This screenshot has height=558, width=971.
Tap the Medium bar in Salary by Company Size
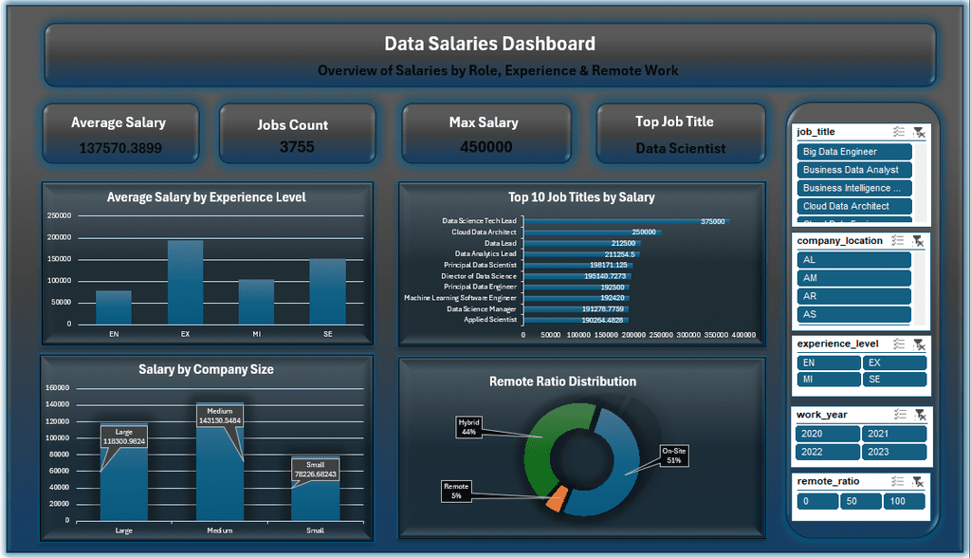click(x=220, y=484)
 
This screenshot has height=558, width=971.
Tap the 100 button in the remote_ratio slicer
click(x=905, y=501)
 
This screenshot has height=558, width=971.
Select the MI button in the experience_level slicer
click(x=828, y=380)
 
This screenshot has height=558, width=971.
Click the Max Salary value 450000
click(x=485, y=147)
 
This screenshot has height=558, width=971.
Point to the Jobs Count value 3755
click(x=297, y=147)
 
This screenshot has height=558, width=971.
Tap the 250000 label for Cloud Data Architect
click(x=644, y=232)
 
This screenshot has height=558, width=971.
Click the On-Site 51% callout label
click(x=674, y=455)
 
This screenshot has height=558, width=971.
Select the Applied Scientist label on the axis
click(x=490, y=320)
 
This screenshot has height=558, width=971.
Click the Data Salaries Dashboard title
click(x=489, y=44)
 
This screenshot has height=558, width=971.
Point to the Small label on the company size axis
click(x=315, y=530)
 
